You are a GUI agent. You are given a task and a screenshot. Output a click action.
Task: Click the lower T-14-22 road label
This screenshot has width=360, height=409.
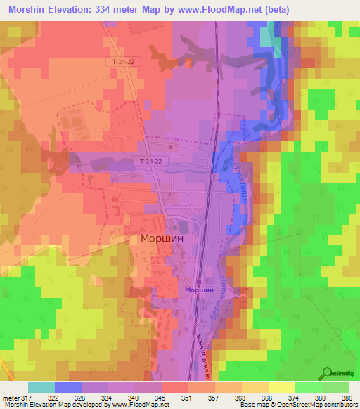click(x=151, y=162)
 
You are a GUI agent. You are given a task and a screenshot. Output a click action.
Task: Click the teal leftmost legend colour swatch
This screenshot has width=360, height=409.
click(x=41, y=387)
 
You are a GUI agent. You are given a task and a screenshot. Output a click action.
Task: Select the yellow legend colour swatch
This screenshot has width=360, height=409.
click(x=281, y=387)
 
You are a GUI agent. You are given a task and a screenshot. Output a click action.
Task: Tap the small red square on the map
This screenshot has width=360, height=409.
click(x=169, y=148)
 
